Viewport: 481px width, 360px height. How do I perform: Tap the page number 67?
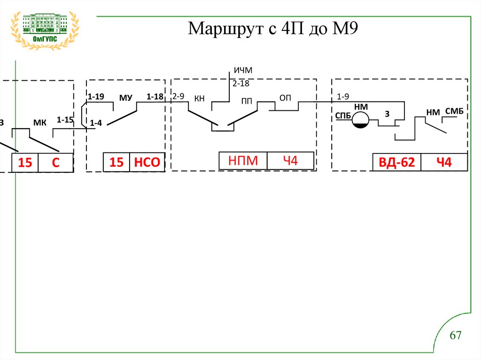tap(456, 336)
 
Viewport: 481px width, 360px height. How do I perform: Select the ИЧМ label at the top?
tap(243, 70)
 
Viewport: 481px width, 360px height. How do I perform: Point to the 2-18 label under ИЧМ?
tap(241, 84)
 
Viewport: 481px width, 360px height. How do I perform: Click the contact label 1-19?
tap(96, 97)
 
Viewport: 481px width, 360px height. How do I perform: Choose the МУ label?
tap(125, 98)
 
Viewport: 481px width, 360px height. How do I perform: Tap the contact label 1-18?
tap(155, 97)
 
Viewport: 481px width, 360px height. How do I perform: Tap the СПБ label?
tap(343, 115)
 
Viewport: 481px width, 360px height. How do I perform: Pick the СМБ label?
tap(454, 111)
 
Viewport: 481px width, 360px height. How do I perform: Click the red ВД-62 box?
tap(396, 162)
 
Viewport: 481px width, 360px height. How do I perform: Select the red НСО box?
tap(147, 162)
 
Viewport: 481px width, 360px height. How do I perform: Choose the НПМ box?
tap(243, 161)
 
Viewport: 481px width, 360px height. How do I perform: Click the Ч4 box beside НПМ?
tap(290, 161)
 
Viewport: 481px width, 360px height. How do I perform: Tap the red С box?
tap(55, 163)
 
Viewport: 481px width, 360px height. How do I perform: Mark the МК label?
tap(40, 123)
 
